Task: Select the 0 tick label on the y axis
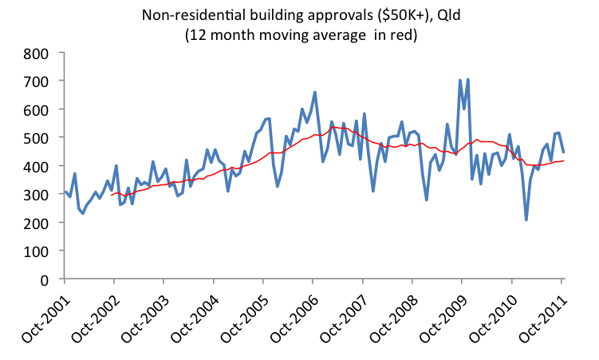click(x=45, y=279)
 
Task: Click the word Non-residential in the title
click(x=186, y=14)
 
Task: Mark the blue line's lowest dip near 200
click(x=526, y=220)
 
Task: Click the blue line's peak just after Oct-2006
click(x=315, y=93)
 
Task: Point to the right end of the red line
click(x=564, y=161)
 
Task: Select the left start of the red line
click(x=112, y=194)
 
